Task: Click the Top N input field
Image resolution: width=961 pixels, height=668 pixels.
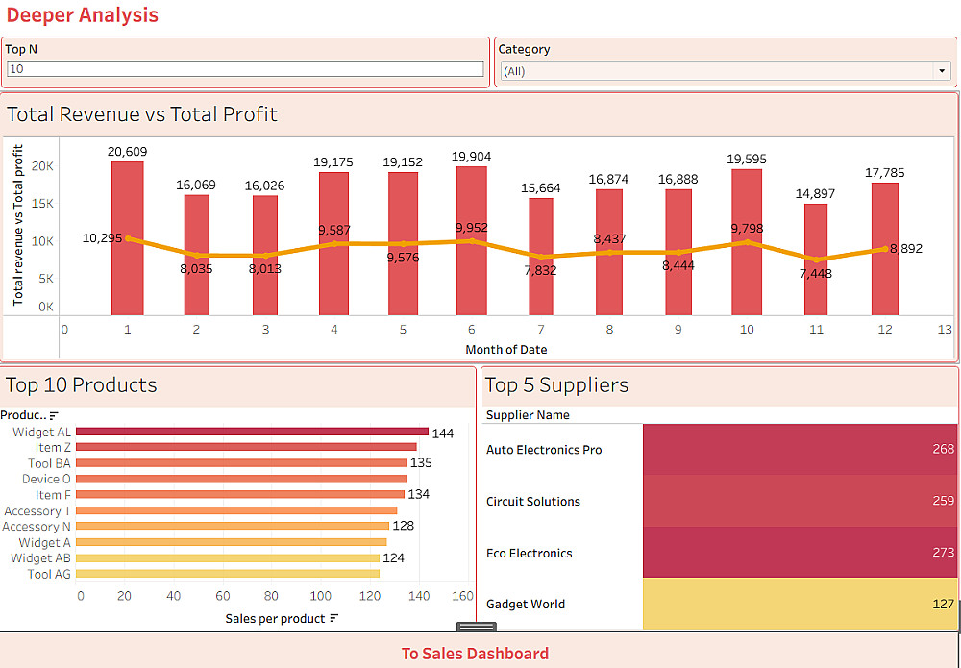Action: click(245, 69)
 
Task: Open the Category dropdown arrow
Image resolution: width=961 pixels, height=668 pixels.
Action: click(941, 71)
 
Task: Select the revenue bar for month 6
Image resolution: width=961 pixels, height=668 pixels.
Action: click(472, 240)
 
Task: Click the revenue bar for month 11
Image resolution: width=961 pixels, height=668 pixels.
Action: click(816, 260)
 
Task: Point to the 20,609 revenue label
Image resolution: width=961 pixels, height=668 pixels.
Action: click(127, 151)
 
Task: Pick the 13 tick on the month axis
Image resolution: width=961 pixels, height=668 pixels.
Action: click(945, 329)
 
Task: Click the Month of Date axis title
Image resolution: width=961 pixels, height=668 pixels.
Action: click(506, 349)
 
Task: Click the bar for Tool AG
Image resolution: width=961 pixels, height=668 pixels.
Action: click(228, 574)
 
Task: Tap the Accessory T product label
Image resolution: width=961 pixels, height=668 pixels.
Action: click(37, 511)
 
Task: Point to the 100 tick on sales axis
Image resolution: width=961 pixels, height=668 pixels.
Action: click(320, 596)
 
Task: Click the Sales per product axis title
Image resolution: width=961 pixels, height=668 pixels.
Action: click(276, 618)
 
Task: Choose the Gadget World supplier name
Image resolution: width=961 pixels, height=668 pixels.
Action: click(526, 605)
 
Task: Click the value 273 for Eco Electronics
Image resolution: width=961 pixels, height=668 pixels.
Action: click(943, 553)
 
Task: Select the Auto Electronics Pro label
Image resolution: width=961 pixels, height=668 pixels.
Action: click(544, 450)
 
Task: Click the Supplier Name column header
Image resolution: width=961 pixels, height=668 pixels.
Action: click(528, 415)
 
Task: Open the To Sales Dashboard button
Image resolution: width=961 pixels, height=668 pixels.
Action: click(475, 654)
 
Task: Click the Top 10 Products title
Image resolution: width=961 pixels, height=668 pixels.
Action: click(82, 385)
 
